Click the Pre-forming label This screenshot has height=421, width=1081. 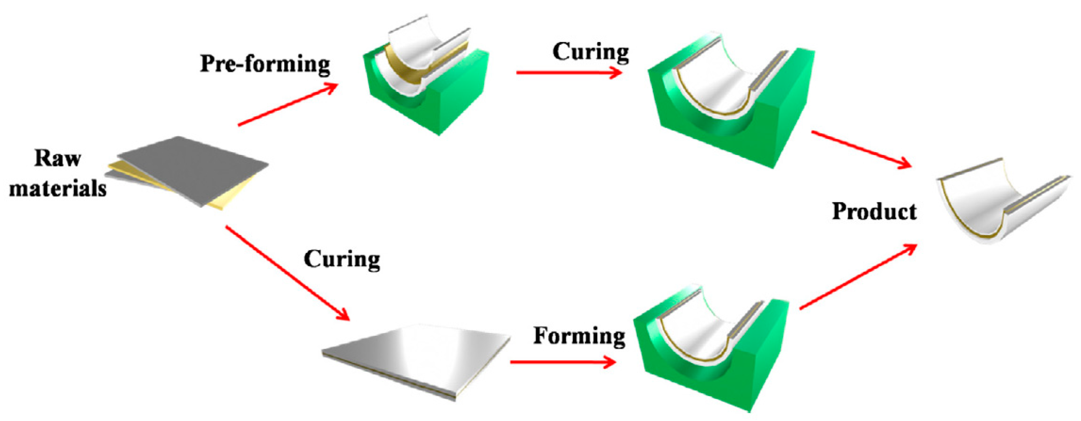[265, 64]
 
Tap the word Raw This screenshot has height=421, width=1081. [58, 158]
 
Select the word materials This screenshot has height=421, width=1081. [58, 188]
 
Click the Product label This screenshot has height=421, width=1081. [874, 211]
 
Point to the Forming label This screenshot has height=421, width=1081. [579, 336]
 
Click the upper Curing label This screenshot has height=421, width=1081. [590, 52]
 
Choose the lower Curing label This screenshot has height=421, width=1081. [342, 259]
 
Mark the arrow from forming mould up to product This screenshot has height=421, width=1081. [858, 277]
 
